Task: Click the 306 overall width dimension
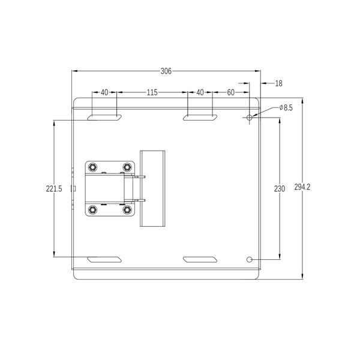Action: click(x=166, y=71)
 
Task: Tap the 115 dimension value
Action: click(x=152, y=92)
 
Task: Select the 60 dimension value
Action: click(x=230, y=92)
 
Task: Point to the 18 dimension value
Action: click(x=278, y=84)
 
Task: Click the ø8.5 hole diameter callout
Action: click(x=286, y=108)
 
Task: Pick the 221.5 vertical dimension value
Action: click(x=54, y=188)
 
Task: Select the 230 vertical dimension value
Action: click(x=279, y=188)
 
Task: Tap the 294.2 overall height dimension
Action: click(x=302, y=187)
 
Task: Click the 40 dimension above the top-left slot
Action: click(x=104, y=92)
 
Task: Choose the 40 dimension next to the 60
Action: click(x=200, y=92)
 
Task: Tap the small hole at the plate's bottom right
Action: click(x=250, y=259)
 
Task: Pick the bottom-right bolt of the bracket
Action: click(x=127, y=209)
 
